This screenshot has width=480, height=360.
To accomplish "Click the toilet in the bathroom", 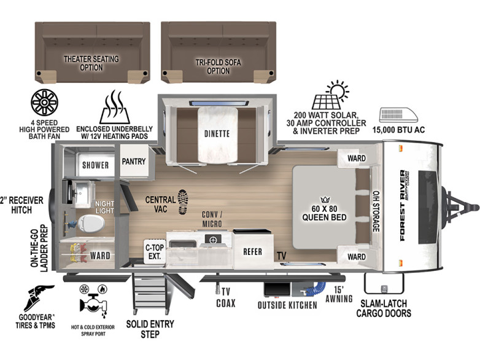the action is tap(91, 224).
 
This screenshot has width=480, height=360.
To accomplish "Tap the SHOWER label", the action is tap(96, 165).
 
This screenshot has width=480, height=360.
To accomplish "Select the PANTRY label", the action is tap(134, 162).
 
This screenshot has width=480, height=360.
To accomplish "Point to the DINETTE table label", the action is tap(217, 134).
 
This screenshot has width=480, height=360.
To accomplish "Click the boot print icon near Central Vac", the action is tap(183, 202).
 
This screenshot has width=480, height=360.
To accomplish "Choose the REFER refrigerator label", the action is tap(252, 252).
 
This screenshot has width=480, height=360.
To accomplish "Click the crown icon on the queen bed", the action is tap(325, 200).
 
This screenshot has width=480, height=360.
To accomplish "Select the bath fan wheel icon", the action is tap(44, 103).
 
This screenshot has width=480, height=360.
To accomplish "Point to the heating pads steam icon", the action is tap(115, 108).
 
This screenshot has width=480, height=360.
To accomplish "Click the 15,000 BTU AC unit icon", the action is tap(398, 115).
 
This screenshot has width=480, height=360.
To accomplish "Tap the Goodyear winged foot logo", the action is tap(36, 298).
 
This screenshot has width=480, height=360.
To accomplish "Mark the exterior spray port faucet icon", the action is tap(93, 303).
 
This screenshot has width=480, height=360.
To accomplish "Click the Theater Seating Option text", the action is tap(91, 63).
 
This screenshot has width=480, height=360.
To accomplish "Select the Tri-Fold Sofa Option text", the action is tap(219, 66).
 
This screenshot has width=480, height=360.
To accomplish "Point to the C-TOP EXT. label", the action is tap(155, 251).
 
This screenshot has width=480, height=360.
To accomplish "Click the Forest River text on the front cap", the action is tap(403, 206).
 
